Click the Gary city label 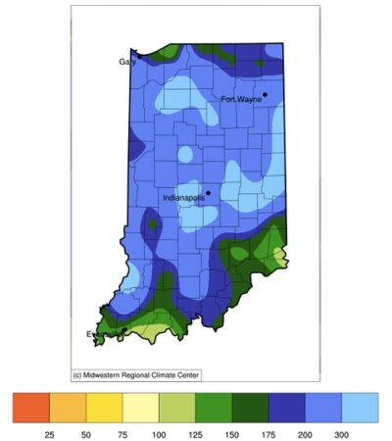[x=126, y=61]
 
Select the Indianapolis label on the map [x=190, y=198]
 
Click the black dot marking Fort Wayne [x=265, y=94]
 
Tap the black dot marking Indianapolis [x=208, y=192]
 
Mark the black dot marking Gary [x=139, y=56]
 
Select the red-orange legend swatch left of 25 [x=31, y=408]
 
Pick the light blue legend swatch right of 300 [x=360, y=408]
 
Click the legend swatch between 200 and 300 [x=323, y=408]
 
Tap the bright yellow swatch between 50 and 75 [x=104, y=408]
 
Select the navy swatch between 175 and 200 [x=287, y=408]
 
